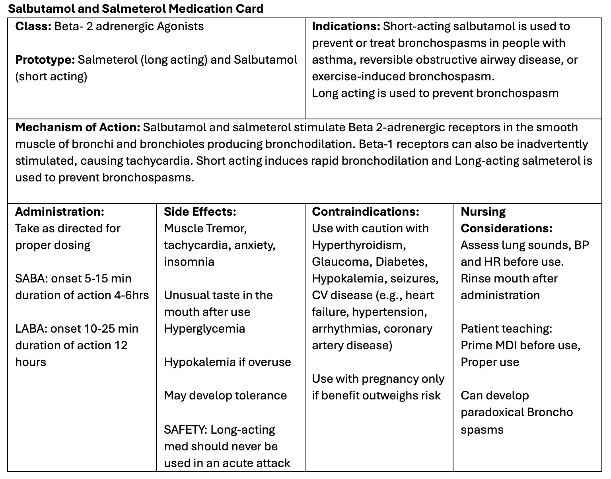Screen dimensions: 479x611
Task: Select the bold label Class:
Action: pos(33,27)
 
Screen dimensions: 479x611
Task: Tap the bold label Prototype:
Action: pos(45,60)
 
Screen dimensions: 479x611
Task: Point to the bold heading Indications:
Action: pos(346,27)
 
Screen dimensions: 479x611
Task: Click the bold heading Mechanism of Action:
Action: pos(78,128)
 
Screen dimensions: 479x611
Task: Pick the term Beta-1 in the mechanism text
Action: pos(372,144)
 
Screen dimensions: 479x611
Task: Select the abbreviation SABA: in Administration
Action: pos(31,278)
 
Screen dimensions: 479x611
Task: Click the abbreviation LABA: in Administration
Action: pos(31,329)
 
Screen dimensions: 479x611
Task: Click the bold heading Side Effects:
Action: pos(200,212)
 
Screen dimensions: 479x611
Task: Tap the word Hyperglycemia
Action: pos(204,329)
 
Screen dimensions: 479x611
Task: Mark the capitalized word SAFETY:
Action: pos(185,430)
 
